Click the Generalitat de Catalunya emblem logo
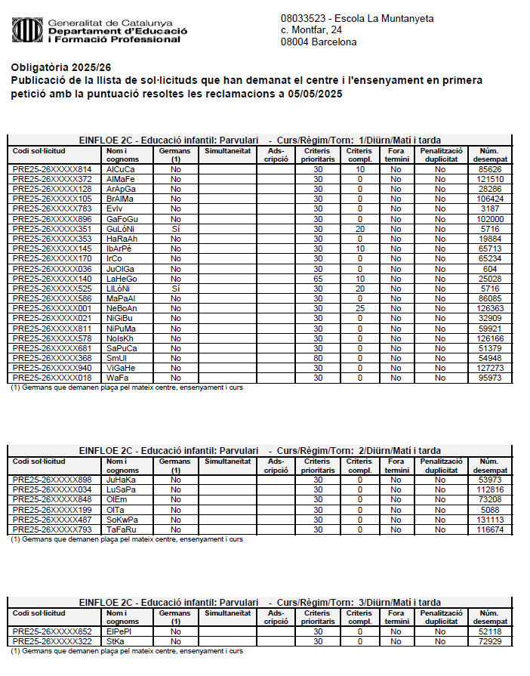[x=26, y=29]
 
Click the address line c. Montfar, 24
[x=311, y=29]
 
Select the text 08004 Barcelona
[x=319, y=42]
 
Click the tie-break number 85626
[x=490, y=169]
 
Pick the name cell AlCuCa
[x=121, y=169]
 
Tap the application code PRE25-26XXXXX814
[x=52, y=169]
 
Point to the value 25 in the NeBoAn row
[x=360, y=307]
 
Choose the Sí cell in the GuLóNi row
[x=176, y=228]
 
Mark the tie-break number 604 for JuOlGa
[x=490, y=268]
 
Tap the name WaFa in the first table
[x=116, y=377]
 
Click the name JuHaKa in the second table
[x=121, y=479]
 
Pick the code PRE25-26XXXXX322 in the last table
[x=52, y=641]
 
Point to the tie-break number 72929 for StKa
[x=490, y=641]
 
